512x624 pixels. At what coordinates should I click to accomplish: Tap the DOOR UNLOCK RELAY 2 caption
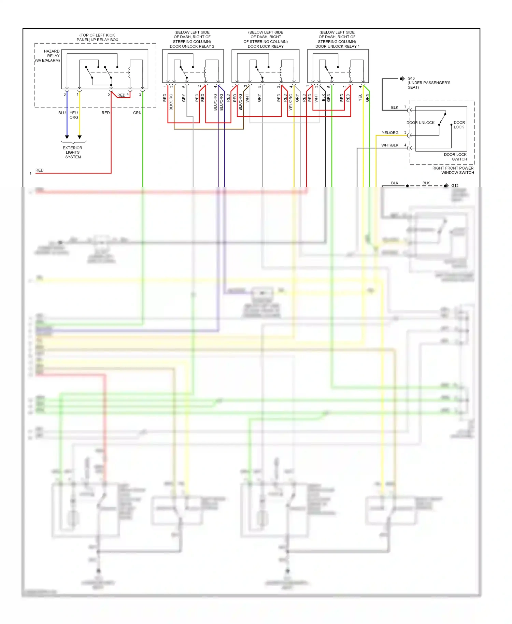192,46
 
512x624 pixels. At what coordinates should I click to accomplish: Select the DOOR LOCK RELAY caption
266,46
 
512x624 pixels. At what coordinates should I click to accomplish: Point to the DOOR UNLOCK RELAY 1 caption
337,46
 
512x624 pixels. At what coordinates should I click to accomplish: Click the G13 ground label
411,78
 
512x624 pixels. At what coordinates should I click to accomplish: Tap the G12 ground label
455,186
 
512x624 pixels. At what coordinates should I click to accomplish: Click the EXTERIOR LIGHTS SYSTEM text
73,152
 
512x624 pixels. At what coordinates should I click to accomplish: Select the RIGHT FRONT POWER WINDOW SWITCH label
453,170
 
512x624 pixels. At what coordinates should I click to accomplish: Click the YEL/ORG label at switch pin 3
390,133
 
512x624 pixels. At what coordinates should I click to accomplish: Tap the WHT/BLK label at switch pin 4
390,145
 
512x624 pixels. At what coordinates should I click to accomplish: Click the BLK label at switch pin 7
395,108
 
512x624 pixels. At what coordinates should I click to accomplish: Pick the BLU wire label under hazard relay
62,113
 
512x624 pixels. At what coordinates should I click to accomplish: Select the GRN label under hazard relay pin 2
137,113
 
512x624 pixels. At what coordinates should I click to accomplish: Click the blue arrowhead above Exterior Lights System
67,137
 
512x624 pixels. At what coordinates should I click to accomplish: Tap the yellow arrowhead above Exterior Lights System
80,137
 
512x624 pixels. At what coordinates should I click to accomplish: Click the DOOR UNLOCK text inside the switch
421,123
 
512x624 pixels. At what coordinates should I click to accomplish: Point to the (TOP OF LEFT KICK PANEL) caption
97,37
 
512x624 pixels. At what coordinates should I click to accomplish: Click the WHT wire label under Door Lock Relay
247,98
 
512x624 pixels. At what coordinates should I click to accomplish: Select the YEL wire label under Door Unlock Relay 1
360,98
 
